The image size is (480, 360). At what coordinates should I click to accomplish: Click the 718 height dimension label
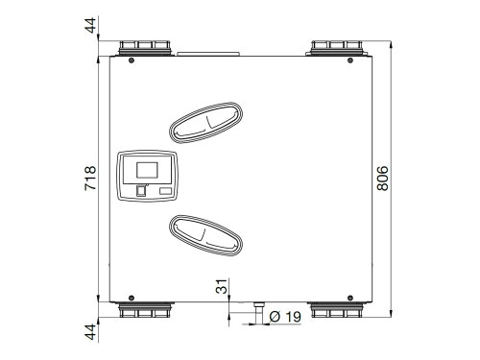[x=90, y=179]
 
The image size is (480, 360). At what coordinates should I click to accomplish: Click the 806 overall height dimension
[x=382, y=179]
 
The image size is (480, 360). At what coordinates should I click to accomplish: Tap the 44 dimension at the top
[x=90, y=26]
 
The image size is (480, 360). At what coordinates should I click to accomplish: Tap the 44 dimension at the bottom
[x=90, y=332]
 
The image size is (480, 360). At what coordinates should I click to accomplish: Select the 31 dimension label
[x=222, y=286]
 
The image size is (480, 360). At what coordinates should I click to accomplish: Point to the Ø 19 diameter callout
[x=285, y=317]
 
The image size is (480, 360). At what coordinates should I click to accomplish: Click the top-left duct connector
[x=145, y=48]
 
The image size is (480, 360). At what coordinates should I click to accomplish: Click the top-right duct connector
[x=337, y=48]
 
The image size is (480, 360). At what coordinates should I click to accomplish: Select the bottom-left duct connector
[x=145, y=309]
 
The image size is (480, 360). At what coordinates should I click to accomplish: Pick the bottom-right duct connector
[x=337, y=309]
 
